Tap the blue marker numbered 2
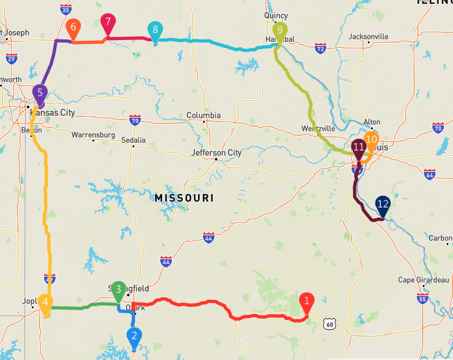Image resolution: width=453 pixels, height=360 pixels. tap(134, 336)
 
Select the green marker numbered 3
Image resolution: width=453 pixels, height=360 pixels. tap(118, 288)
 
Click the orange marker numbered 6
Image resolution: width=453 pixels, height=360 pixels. tap(73, 27)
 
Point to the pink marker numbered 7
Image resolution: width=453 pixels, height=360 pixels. tap(108, 21)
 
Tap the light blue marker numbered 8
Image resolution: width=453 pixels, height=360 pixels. tap(154, 30)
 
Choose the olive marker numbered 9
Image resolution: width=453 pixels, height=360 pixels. tap(279, 30)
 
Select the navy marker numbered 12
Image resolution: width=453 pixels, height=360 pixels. tap(383, 204)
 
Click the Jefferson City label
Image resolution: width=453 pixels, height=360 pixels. tap(216, 153)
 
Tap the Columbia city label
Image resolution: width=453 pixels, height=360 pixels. tap(204, 116)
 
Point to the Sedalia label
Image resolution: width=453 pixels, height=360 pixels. tap(133, 140)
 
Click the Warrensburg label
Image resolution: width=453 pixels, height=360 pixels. tap(93, 135)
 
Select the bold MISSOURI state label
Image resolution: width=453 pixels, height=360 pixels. tap(184, 197)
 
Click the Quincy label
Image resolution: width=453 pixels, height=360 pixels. tap(276, 16)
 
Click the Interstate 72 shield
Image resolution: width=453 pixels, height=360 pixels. tap(321, 48)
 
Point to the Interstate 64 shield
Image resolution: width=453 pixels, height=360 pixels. tap(430, 175)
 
